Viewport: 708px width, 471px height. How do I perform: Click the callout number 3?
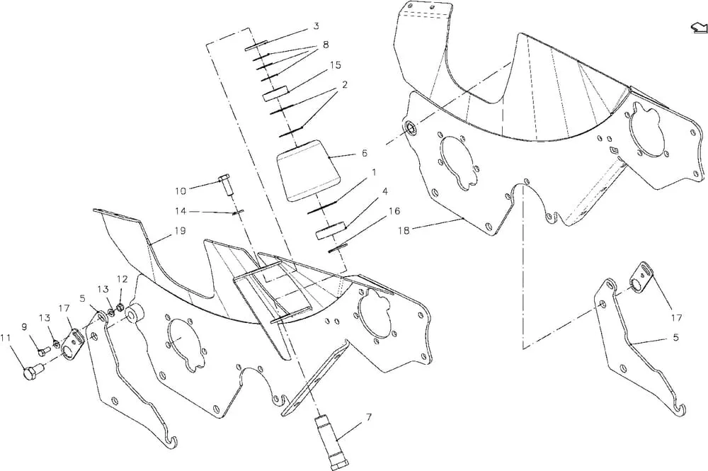pos(316,26)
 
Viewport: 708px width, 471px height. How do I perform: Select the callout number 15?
pos(335,65)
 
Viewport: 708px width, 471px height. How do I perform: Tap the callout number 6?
pos(365,153)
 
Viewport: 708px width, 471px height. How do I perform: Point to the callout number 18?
pos(404,230)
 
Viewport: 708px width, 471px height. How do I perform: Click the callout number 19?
pos(180,231)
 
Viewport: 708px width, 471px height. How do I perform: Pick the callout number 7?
pos(369,417)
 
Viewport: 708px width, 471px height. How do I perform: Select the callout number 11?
pos(5,337)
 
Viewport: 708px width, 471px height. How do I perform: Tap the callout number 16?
pos(394,211)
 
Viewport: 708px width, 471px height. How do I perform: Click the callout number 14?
pos(181,211)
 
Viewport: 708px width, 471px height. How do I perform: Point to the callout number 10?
pos(181,191)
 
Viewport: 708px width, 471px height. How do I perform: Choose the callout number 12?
pos(122,279)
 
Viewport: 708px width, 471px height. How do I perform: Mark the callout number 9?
pos(24,325)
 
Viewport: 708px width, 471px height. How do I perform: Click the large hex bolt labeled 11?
pos(32,374)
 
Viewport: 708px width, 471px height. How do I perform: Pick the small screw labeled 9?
pos(43,351)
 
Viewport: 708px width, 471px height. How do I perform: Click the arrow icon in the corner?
pos(698,28)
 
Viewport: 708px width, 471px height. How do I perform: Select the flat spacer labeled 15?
pos(276,93)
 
